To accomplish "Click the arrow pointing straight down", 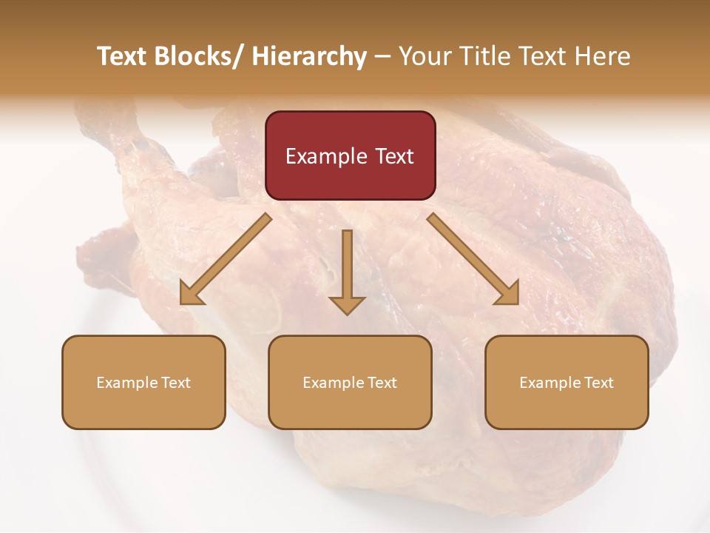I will point(347,270).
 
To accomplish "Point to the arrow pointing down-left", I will point(226,259).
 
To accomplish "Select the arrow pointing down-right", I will point(473,259).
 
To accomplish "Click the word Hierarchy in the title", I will point(308,56).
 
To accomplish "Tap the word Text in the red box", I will point(394,156).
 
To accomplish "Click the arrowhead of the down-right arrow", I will point(509,295).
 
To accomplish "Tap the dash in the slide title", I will point(382,56).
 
